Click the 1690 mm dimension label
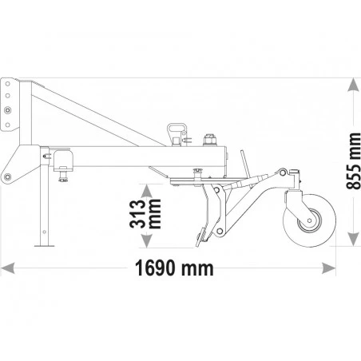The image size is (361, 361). click(x=174, y=268)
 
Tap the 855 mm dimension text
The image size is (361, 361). click(x=354, y=161)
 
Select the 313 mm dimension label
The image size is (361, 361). click(x=145, y=214)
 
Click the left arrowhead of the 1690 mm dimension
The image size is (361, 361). click(x=7, y=268)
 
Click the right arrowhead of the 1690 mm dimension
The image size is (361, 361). click(x=329, y=268)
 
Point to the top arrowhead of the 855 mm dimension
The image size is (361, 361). click(x=353, y=85)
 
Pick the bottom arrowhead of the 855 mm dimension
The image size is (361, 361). click(x=353, y=239)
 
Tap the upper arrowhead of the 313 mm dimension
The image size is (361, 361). click(x=146, y=191)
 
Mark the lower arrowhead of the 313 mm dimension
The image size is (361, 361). click(x=146, y=241)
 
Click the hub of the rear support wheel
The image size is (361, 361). click(x=309, y=220)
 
